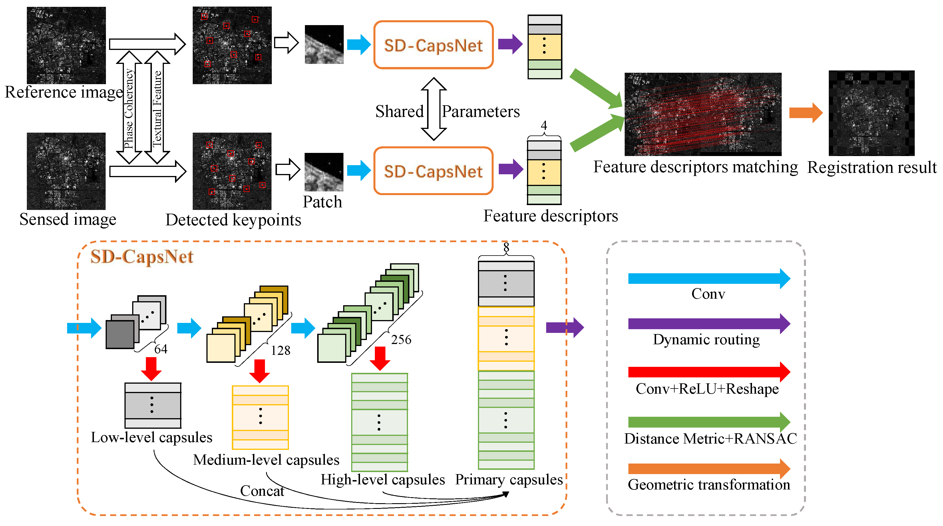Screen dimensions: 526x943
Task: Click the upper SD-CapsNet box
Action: pos(433,45)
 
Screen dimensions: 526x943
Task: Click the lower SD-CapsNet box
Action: pos(433,171)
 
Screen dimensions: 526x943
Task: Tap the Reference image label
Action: pos(63,92)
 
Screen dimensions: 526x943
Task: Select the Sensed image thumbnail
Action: pos(66,171)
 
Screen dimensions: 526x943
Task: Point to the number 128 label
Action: pos(280,350)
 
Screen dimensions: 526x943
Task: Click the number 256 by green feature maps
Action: pos(401,339)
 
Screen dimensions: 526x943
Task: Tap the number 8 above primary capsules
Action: pos(506,247)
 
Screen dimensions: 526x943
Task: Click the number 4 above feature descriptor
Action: pos(544,126)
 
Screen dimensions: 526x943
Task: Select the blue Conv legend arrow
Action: pos(708,278)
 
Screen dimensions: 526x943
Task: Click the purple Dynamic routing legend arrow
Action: pos(708,324)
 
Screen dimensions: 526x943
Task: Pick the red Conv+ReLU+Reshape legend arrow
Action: pos(708,372)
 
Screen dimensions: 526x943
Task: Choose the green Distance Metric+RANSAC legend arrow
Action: pos(708,422)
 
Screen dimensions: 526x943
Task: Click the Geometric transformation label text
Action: pos(709,485)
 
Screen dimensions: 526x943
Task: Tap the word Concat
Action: pos(262,491)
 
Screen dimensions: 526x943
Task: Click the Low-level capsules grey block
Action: pos(153,405)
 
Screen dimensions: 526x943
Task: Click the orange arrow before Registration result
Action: pos(805,113)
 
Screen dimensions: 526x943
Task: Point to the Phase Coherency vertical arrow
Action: pos(129,108)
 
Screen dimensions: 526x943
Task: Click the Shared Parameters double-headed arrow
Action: pos(433,109)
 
